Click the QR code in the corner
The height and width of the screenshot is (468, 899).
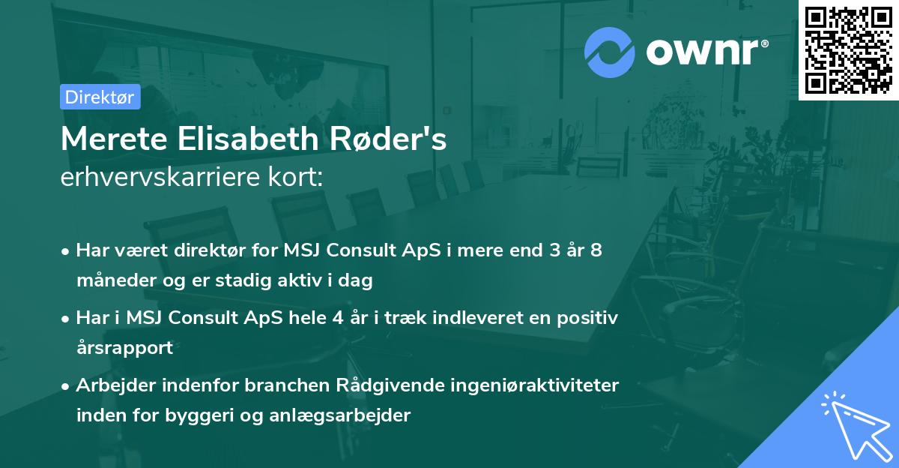point(848,50)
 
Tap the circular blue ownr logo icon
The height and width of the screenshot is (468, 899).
point(610,52)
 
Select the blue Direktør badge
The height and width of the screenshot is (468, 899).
point(100,97)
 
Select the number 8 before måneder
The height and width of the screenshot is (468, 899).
point(596,250)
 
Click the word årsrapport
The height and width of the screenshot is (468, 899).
point(124,348)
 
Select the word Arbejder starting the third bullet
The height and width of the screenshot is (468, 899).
point(113,385)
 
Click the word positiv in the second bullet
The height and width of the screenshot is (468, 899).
point(588,318)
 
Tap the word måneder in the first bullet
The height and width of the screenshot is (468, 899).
point(112,280)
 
